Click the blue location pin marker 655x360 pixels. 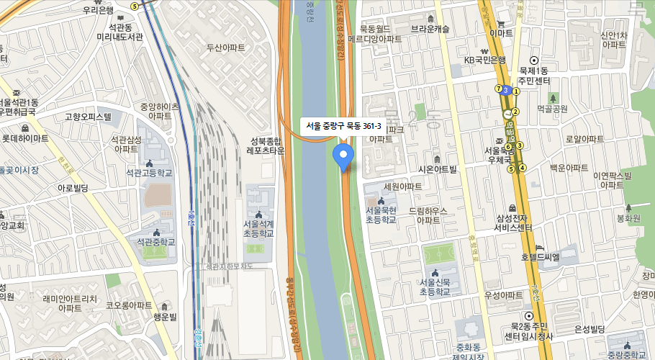tap(343, 155)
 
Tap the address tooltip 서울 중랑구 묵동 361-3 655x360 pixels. tap(343, 126)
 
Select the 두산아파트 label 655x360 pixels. tap(226, 48)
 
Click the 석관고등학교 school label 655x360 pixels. tap(149, 173)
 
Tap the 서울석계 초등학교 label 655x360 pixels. tap(258, 228)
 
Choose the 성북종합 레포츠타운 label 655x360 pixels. tap(266, 145)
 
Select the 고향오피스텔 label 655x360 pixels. tap(88, 116)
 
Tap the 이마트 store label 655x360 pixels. tap(500, 33)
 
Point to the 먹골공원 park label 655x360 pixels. tap(552, 109)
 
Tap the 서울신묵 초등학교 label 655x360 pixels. tap(435, 287)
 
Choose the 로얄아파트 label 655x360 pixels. tap(584, 139)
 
